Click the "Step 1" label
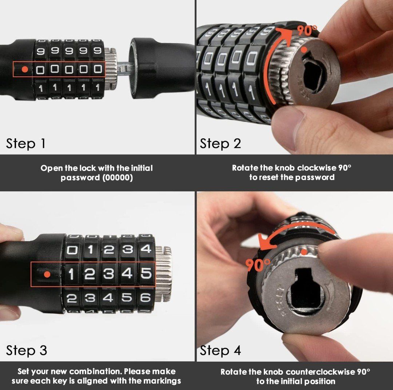26,144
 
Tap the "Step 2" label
220,144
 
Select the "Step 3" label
27,350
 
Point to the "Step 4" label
220,350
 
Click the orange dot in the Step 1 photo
25,69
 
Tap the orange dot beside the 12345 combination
47,274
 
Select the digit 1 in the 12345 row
71,274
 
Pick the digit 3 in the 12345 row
109,274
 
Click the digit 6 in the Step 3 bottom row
145,298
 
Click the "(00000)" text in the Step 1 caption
118,178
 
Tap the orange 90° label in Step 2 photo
307,30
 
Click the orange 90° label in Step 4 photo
258,265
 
